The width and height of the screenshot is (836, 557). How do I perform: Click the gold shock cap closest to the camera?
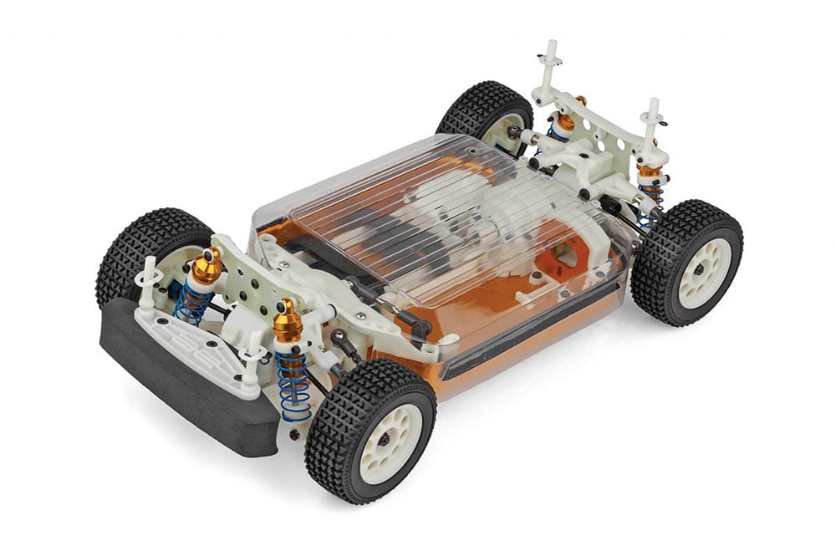pyautogui.click(x=288, y=321)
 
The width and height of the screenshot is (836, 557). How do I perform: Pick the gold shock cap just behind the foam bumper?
pyautogui.click(x=206, y=266)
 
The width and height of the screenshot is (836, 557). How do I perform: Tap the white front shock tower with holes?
pyautogui.click(x=251, y=276)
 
